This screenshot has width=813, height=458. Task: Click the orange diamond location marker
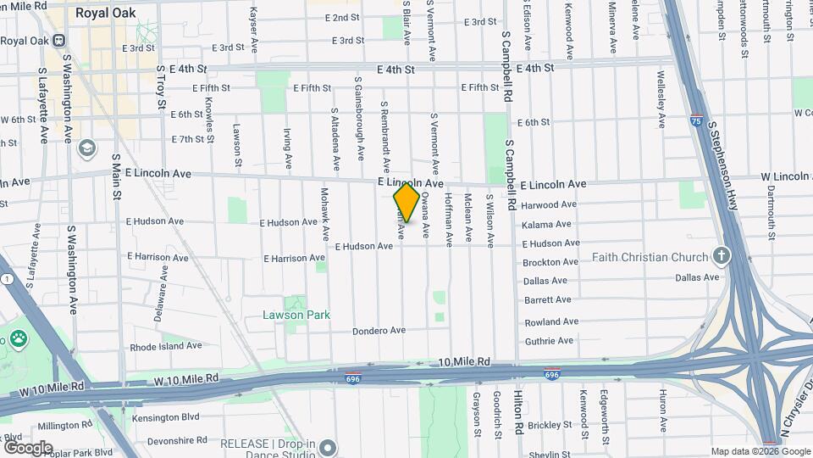pyautogui.click(x=406, y=203)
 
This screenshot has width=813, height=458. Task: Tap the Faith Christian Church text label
pyautogui.click(x=650, y=257)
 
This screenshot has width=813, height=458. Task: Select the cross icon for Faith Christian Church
pyautogui.click(x=722, y=255)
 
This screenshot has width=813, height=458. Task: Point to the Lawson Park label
pyautogui.click(x=296, y=315)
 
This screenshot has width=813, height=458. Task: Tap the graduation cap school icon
pyautogui.click(x=86, y=148)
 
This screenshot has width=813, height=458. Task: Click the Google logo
pyautogui.click(x=27, y=447)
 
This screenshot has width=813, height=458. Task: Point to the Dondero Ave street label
pyautogui.click(x=376, y=331)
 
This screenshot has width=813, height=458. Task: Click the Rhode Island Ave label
pyautogui.click(x=165, y=346)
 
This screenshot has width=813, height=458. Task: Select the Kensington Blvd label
pyautogui.click(x=166, y=416)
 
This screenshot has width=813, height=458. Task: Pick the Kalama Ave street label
pyautogui.click(x=550, y=224)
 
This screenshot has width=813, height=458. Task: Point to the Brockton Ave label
pyautogui.click(x=550, y=263)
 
